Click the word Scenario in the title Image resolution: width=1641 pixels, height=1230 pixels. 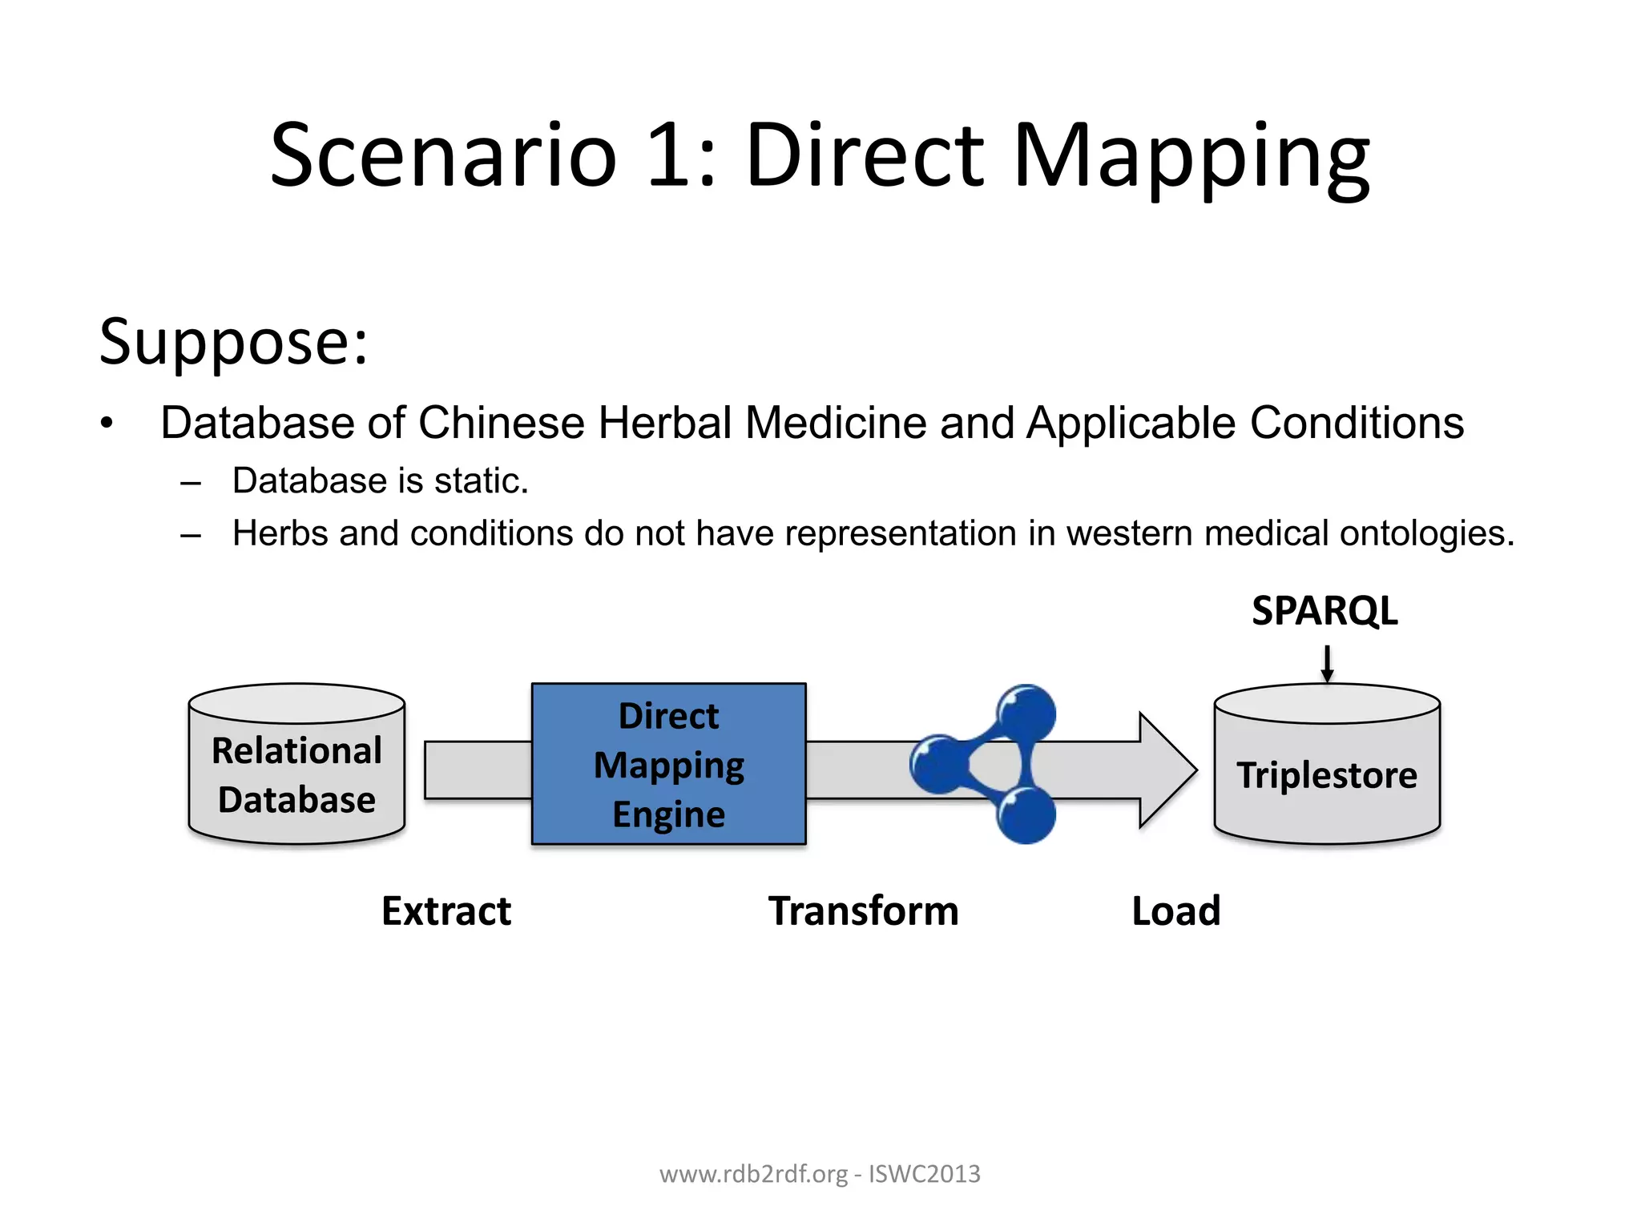click(x=443, y=155)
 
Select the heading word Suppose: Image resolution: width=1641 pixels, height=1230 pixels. click(x=233, y=342)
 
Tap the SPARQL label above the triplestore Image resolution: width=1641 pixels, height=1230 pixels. click(x=1324, y=611)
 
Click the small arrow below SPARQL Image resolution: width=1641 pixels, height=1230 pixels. click(x=1327, y=664)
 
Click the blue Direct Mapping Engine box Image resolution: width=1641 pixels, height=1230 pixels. click(x=668, y=764)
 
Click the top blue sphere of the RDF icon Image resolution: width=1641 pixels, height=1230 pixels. click(x=1026, y=713)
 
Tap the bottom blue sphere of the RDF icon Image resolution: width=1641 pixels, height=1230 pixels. click(x=1026, y=814)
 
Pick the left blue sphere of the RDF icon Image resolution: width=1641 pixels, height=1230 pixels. click(x=938, y=764)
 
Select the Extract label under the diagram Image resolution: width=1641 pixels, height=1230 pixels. click(x=446, y=911)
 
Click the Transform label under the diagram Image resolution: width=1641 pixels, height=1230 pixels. click(x=863, y=911)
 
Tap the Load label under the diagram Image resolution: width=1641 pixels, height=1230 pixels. click(x=1175, y=911)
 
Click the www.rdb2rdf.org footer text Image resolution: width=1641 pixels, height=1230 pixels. click(x=753, y=1174)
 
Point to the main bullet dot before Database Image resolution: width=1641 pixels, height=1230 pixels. click(x=107, y=424)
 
